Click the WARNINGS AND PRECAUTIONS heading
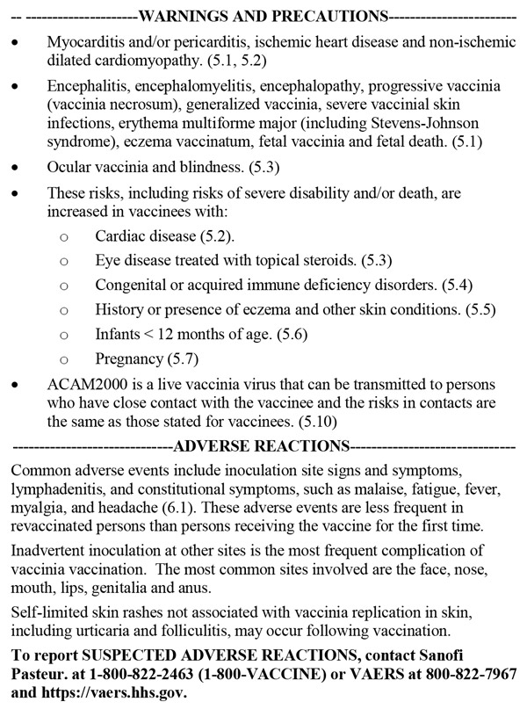(263, 16)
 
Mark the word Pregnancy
(130, 359)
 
